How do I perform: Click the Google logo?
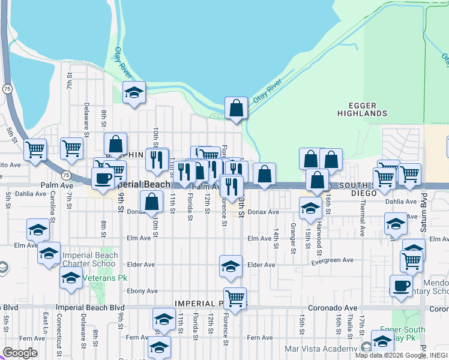click(20, 353)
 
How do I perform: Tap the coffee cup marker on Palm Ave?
click(103, 178)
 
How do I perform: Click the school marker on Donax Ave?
click(310, 209)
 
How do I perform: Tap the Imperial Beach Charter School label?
click(89, 259)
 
